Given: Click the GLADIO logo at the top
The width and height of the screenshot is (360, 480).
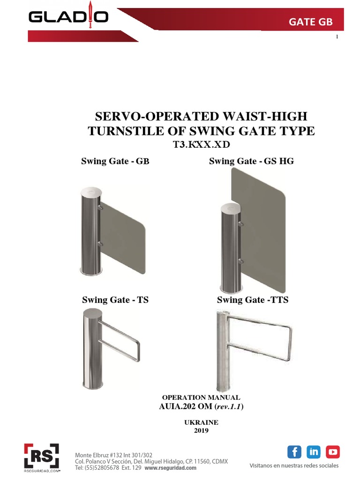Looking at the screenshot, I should (x=68, y=17).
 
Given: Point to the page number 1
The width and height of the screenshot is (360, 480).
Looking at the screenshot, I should (x=337, y=37).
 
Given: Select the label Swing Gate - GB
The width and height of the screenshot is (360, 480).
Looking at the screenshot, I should (x=115, y=162).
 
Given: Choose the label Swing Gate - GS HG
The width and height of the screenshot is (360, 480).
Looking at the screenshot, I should (x=251, y=162).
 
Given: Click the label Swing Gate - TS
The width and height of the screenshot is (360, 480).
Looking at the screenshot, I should (x=115, y=300).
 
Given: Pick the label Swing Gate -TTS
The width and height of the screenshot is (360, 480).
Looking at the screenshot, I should (x=253, y=300).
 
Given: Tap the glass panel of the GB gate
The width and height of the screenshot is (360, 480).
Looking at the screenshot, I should (x=124, y=234).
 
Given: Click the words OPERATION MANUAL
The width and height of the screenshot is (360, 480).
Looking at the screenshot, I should (x=201, y=397).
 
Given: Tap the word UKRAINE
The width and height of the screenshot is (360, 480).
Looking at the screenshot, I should (x=202, y=422).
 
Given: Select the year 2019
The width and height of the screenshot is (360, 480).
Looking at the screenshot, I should (x=202, y=430).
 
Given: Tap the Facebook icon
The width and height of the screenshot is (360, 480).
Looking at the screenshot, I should (x=294, y=452).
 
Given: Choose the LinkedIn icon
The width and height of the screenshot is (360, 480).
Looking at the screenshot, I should (x=314, y=452).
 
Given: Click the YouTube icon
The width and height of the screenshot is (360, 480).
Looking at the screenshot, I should (x=333, y=452).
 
